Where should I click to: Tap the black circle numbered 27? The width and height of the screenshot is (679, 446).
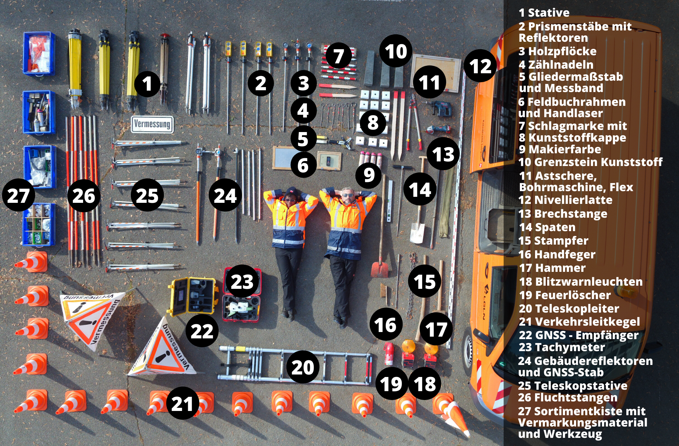tap(18, 195)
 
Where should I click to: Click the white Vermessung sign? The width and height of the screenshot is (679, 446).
tap(152, 124)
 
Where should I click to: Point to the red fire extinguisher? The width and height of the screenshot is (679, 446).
tap(389, 353)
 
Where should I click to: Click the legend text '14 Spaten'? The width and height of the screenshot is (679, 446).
tap(547, 227)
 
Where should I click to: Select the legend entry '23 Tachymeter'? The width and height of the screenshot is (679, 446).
tap(562, 347)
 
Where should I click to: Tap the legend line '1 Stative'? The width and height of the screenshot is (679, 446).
tap(544, 13)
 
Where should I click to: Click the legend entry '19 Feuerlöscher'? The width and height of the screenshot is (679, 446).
tap(565, 295)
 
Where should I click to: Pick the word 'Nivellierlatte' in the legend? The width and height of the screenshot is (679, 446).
tap(573, 200)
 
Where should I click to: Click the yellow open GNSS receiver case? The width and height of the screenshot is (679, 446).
tap(192, 296)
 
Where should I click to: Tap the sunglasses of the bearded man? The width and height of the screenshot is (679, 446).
tap(348, 195)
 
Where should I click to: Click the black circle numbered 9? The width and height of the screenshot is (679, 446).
tap(369, 175)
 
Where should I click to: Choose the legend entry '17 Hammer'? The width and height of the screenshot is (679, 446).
tap(552, 268)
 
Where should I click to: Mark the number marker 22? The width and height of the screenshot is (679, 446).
tap(202, 331)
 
